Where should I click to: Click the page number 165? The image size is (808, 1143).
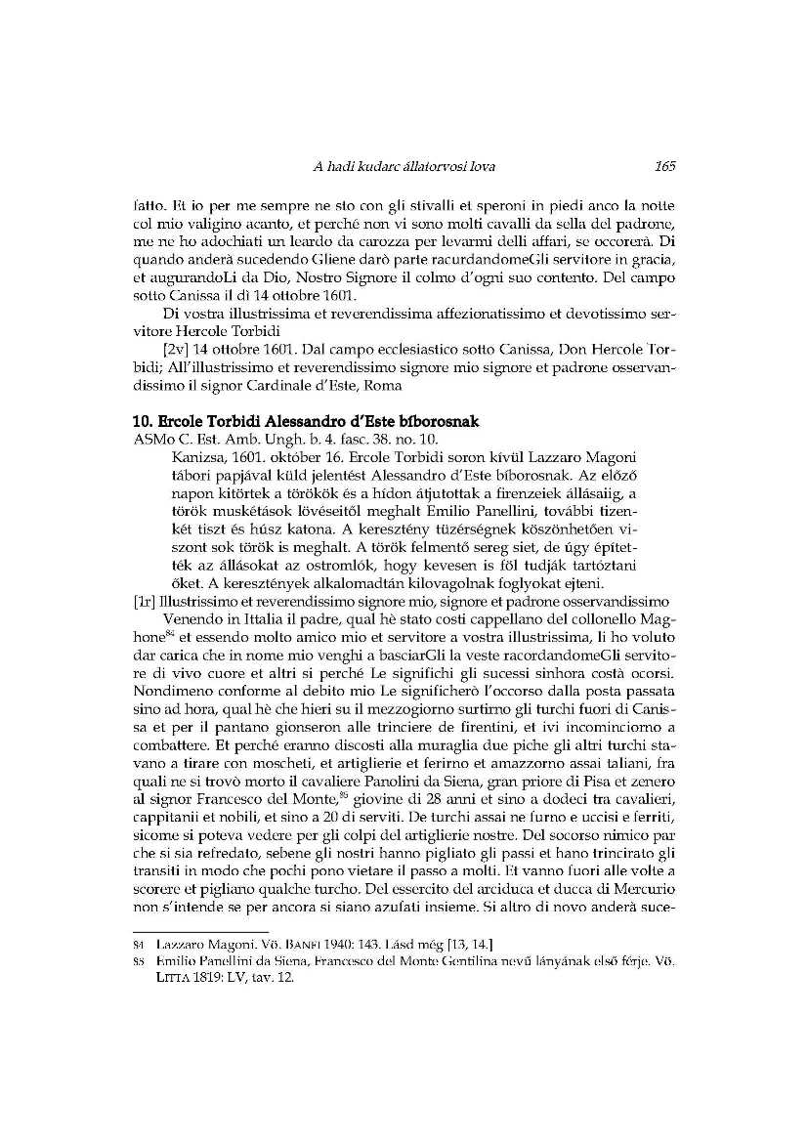pos(665,167)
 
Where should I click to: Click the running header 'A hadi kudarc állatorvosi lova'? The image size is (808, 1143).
pos(404,167)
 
